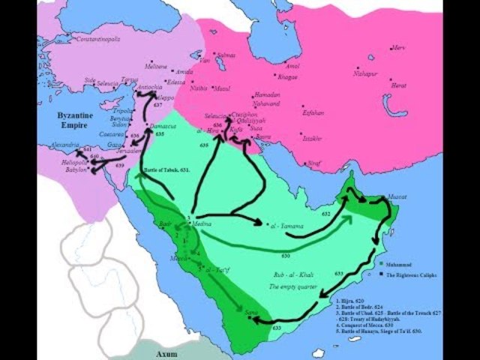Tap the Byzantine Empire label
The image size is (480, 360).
coord(80,121)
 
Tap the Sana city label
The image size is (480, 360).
coord(250,310)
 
